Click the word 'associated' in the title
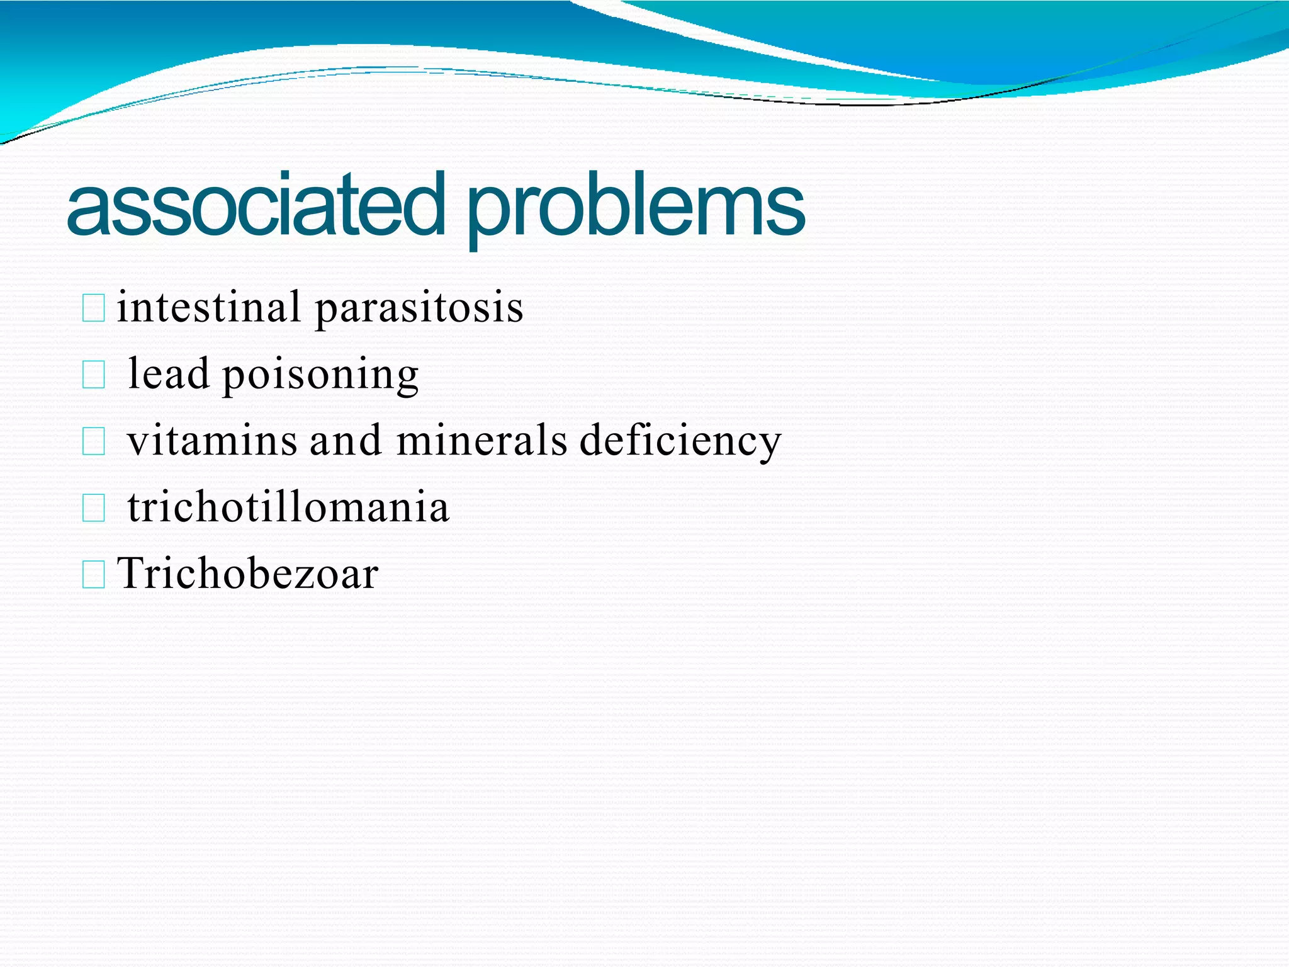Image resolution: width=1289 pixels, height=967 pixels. (x=255, y=205)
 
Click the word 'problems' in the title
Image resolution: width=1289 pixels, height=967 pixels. (x=636, y=208)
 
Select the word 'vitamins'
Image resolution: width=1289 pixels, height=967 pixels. (x=212, y=440)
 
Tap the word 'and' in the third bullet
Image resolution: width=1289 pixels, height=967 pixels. (x=346, y=440)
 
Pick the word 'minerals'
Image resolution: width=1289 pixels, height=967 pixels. (x=482, y=440)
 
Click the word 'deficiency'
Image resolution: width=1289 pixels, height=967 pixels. (x=680, y=441)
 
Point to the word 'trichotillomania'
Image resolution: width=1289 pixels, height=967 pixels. (x=288, y=507)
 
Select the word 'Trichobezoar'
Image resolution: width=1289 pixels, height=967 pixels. (x=248, y=574)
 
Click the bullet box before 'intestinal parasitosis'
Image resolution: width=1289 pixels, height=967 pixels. (x=94, y=309)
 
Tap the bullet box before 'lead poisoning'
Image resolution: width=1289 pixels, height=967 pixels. (x=94, y=376)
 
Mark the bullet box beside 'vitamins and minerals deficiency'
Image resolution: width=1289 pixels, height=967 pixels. (x=94, y=442)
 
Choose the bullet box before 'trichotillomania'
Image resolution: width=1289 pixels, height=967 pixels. (x=94, y=509)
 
